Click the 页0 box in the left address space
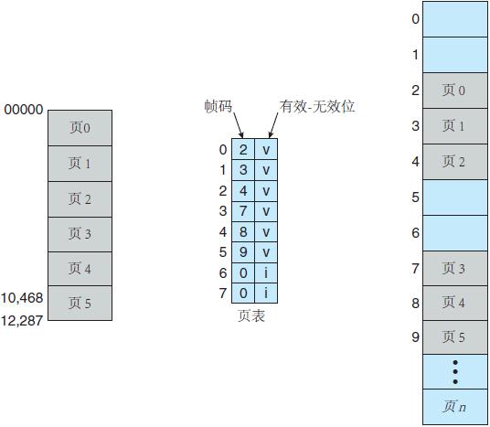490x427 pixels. (x=80, y=128)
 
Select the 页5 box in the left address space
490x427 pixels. (x=80, y=304)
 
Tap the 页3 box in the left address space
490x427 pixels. (x=80, y=234)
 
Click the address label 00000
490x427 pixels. (x=23, y=110)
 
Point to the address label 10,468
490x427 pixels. (x=22, y=298)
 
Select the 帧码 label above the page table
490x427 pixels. (x=219, y=106)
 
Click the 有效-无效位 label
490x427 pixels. (x=317, y=106)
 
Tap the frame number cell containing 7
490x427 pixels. (x=243, y=211)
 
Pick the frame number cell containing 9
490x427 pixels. (x=243, y=251)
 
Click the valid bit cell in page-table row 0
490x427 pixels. (x=266, y=149)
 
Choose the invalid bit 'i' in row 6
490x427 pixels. (x=266, y=272)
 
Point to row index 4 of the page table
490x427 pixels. (x=223, y=231)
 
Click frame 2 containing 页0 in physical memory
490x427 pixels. (x=454, y=90)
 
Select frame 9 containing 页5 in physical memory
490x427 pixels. (x=454, y=336)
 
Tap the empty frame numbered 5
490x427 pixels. (x=454, y=197)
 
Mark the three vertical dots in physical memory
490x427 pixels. (x=454, y=372)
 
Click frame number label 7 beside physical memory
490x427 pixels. (x=415, y=268)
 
